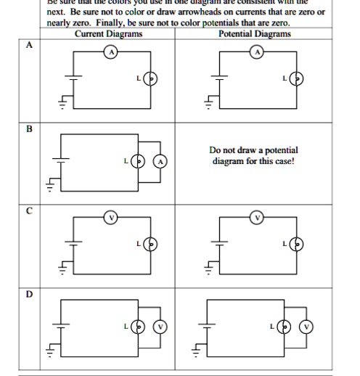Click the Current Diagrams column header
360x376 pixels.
coord(108,33)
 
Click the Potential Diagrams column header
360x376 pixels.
coord(255,33)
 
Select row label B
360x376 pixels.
coord(29,129)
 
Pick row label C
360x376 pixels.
coord(29,211)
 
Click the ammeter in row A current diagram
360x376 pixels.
coord(111,51)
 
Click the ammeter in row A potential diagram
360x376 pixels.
coord(256,51)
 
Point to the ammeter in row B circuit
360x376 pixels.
coord(162,160)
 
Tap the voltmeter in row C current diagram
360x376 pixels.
coord(111,216)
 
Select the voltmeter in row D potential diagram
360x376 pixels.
coord(307,327)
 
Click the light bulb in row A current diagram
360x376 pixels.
coord(150,78)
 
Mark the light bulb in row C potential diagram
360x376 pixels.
coord(295,244)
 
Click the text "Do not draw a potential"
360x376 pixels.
coord(253,150)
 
